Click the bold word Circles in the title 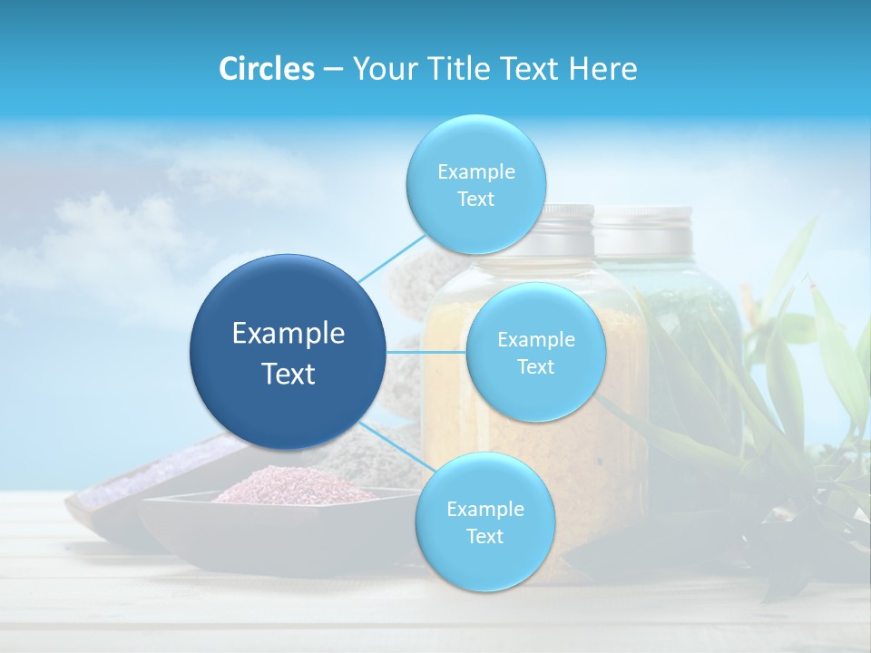(x=267, y=68)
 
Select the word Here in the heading (x=602, y=68)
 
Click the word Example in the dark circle (x=288, y=334)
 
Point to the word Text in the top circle (x=475, y=200)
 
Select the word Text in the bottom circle (x=484, y=536)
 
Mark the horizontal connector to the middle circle (x=426, y=352)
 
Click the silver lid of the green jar (x=644, y=230)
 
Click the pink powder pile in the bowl (x=290, y=485)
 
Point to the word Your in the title (x=382, y=68)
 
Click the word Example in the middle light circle (x=535, y=339)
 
